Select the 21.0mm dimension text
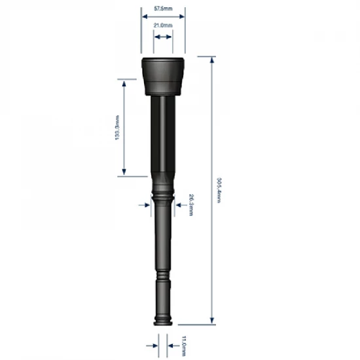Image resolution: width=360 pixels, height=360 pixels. coord(163,25)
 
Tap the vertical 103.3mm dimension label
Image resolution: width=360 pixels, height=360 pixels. coord(117,128)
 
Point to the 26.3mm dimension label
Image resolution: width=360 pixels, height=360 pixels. coord(190,205)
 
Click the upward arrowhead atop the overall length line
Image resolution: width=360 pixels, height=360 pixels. coord(211,61)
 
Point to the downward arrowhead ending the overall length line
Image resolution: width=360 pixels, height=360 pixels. coord(211,320)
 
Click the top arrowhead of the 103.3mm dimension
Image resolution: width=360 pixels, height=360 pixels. coord(124,82)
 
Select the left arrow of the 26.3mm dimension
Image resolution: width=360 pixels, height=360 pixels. coord(145,205)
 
